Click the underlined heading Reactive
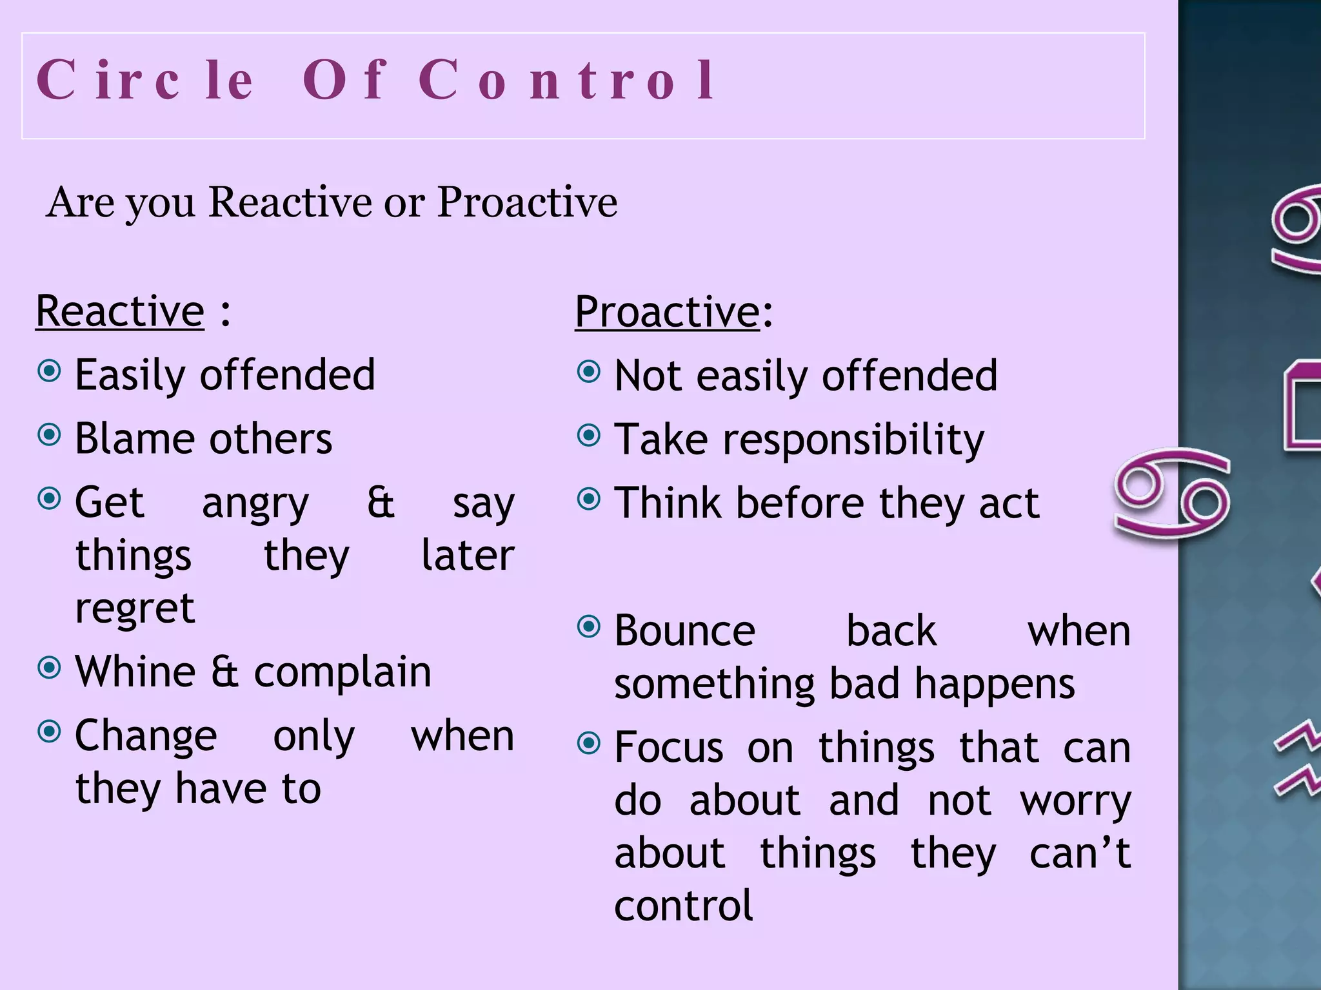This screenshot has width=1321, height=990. [120, 312]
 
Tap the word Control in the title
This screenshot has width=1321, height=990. [566, 80]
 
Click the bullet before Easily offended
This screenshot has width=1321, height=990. [50, 371]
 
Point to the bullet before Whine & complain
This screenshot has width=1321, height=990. [50, 668]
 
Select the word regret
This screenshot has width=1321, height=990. [135, 608]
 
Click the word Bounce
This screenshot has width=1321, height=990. [684, 631]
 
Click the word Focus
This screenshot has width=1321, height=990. [668, 748]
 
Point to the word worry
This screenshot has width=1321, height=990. [1075, 802]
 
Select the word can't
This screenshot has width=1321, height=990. [1080, 853]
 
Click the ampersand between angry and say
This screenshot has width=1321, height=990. [381, 503]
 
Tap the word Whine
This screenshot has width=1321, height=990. [135, 672]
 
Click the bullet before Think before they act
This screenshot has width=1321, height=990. [589, 499]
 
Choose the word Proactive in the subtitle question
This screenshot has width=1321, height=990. [527, 202]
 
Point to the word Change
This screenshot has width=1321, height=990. [146, 736]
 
